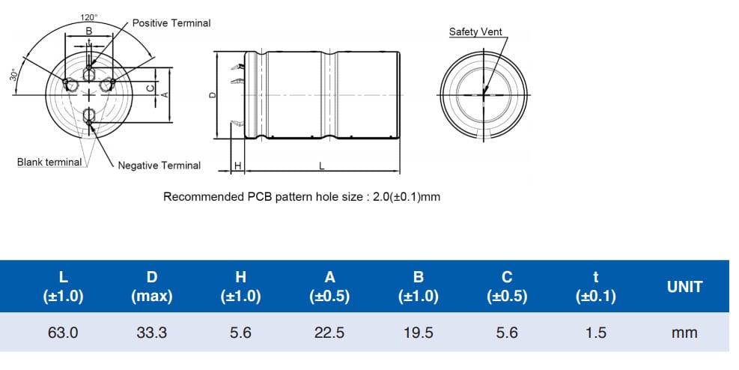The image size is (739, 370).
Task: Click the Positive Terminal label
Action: pos(171,23)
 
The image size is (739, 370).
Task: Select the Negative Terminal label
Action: pos(159,166)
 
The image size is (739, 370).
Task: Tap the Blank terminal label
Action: pos(49,163)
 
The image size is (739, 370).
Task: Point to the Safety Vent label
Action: pos(475,31)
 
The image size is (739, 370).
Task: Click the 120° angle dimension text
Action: pos(89,16)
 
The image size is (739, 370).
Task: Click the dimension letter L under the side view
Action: pos(321,166)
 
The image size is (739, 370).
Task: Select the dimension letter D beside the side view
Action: pos(213,95)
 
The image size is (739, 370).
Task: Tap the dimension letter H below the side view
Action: pos(237,166)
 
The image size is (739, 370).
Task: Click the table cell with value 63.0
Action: pos(63,333)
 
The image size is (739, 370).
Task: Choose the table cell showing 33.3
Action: pos(151,333)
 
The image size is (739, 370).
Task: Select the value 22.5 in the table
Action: pos(329,333)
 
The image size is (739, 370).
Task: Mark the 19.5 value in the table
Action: pos(418,333)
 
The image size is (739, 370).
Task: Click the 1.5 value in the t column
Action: pos(596,333)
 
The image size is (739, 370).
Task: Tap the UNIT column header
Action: pos(684,287)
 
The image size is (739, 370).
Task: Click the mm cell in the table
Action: pos(684,333)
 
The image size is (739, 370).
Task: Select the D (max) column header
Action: pos(151,287)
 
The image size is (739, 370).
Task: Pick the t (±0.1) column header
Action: pos(596,287)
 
